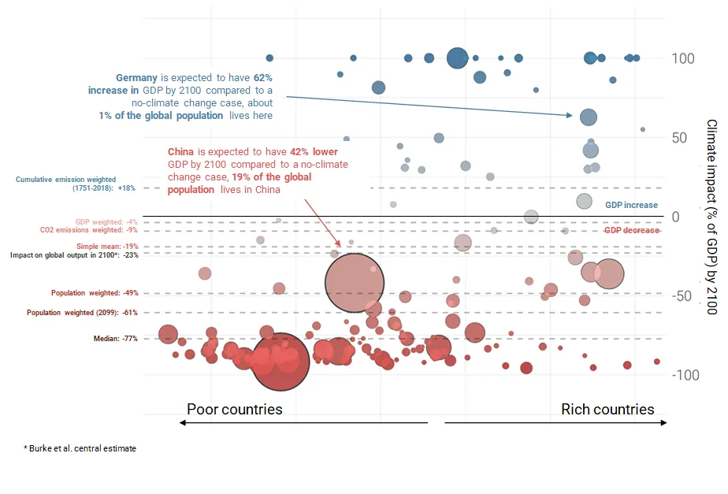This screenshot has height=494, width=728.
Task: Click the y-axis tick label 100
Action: (x=683, y=59)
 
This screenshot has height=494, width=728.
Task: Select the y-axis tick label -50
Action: (x=682, y=296)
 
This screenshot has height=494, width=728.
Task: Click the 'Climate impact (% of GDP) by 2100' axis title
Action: (x=711, y=217)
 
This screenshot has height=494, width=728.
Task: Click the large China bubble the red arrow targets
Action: (x=355, y=284)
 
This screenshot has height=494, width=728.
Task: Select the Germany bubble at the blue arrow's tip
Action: (x=588, y=117)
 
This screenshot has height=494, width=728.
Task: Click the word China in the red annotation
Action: (x=180, y=150)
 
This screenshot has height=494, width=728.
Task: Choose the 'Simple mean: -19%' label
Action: (x=102, y=247)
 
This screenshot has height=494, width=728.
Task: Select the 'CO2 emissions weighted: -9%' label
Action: (x=88, y=231)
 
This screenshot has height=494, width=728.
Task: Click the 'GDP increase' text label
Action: (x=631, y=205)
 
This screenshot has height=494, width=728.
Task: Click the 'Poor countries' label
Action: (x=234, y=410)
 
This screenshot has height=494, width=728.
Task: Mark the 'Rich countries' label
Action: (x=607, y=410)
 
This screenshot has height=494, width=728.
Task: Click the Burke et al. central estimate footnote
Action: (x=80, y=448)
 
